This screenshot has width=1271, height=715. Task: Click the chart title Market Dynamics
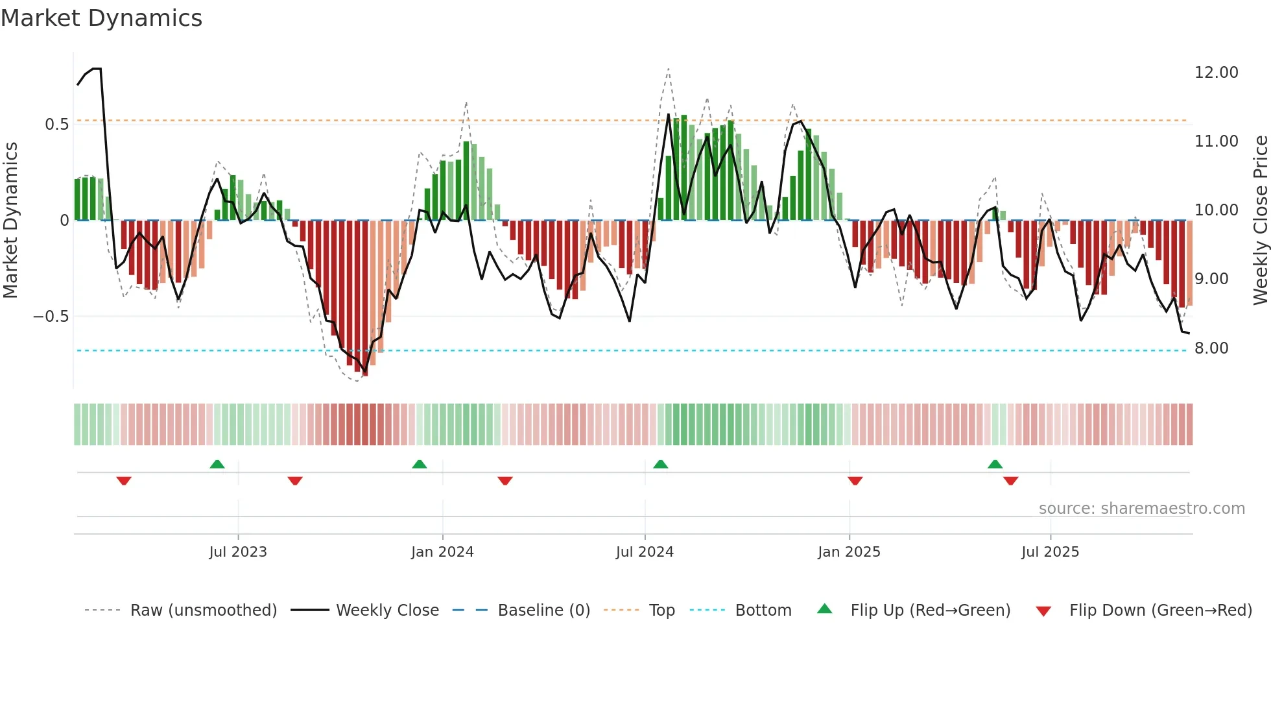pos(102,18)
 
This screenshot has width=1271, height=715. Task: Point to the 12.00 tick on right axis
pos(1216,73)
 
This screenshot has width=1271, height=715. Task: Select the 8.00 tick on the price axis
pos(1211,348)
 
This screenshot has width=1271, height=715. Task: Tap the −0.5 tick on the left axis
pos(51,317)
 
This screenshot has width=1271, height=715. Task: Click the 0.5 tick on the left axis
pos(56,125)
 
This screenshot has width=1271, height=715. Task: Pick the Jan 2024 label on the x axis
pos(442,552)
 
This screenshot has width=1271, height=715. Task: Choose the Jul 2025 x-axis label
pos(1050,552)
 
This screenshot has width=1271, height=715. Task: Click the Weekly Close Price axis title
pos(1260,221)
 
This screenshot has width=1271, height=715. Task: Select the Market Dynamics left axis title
pos(10,221)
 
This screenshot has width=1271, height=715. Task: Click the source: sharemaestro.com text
pos(1141,509)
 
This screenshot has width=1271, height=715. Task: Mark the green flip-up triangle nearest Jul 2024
pos(660,465)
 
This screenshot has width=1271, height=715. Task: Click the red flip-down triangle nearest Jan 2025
pos(855,481)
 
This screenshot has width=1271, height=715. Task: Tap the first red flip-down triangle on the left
pos(124,481)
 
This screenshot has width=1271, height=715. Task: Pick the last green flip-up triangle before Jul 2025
pos(995,465)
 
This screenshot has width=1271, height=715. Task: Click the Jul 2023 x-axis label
pos(238,552)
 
